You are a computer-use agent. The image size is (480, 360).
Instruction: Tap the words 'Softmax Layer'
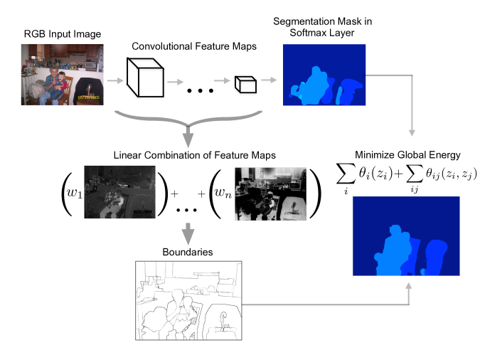324,32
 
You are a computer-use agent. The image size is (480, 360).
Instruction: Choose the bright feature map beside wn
271,191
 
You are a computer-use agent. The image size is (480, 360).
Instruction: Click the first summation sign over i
346,174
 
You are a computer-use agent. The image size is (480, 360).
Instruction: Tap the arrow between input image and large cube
114,80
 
